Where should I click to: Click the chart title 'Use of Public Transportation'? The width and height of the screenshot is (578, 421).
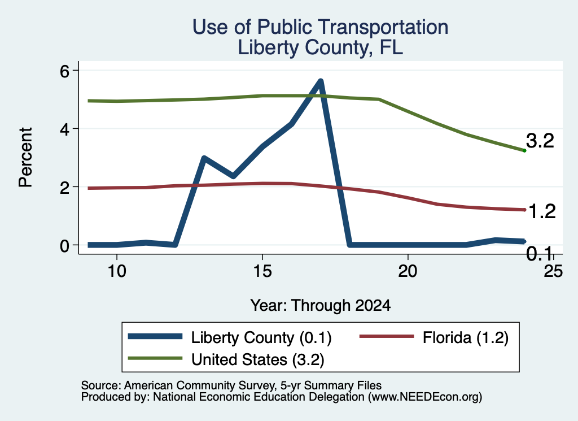(x=321, y=27)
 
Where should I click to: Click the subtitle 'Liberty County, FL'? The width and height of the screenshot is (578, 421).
(x=321, y=47)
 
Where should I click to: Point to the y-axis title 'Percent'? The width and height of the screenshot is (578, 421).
(x=25, y=157)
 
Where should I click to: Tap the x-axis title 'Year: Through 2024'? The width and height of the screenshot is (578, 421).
(x=321, y=306)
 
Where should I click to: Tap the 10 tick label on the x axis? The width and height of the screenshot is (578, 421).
(x=117, y=271)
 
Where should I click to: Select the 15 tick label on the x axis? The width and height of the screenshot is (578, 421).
(x=262, y=271)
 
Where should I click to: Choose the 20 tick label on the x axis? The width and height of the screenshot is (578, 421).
(x=408, y=271)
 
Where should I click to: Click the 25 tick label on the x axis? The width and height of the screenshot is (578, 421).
(x=553, y=271)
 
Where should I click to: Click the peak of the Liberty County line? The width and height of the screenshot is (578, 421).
(x=321, y=81)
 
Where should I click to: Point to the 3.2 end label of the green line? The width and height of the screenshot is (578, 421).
(x=540, y=141)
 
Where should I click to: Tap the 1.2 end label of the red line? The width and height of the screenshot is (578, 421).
(x=542, y=211)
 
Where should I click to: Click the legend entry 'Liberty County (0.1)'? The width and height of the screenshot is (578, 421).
(x=261, y=337)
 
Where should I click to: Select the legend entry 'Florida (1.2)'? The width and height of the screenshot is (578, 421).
(x=466, y=337)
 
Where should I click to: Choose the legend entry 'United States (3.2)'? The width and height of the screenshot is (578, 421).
(x=257, y=360)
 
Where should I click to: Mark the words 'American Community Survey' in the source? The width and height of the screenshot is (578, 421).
(x=199, y=385)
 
